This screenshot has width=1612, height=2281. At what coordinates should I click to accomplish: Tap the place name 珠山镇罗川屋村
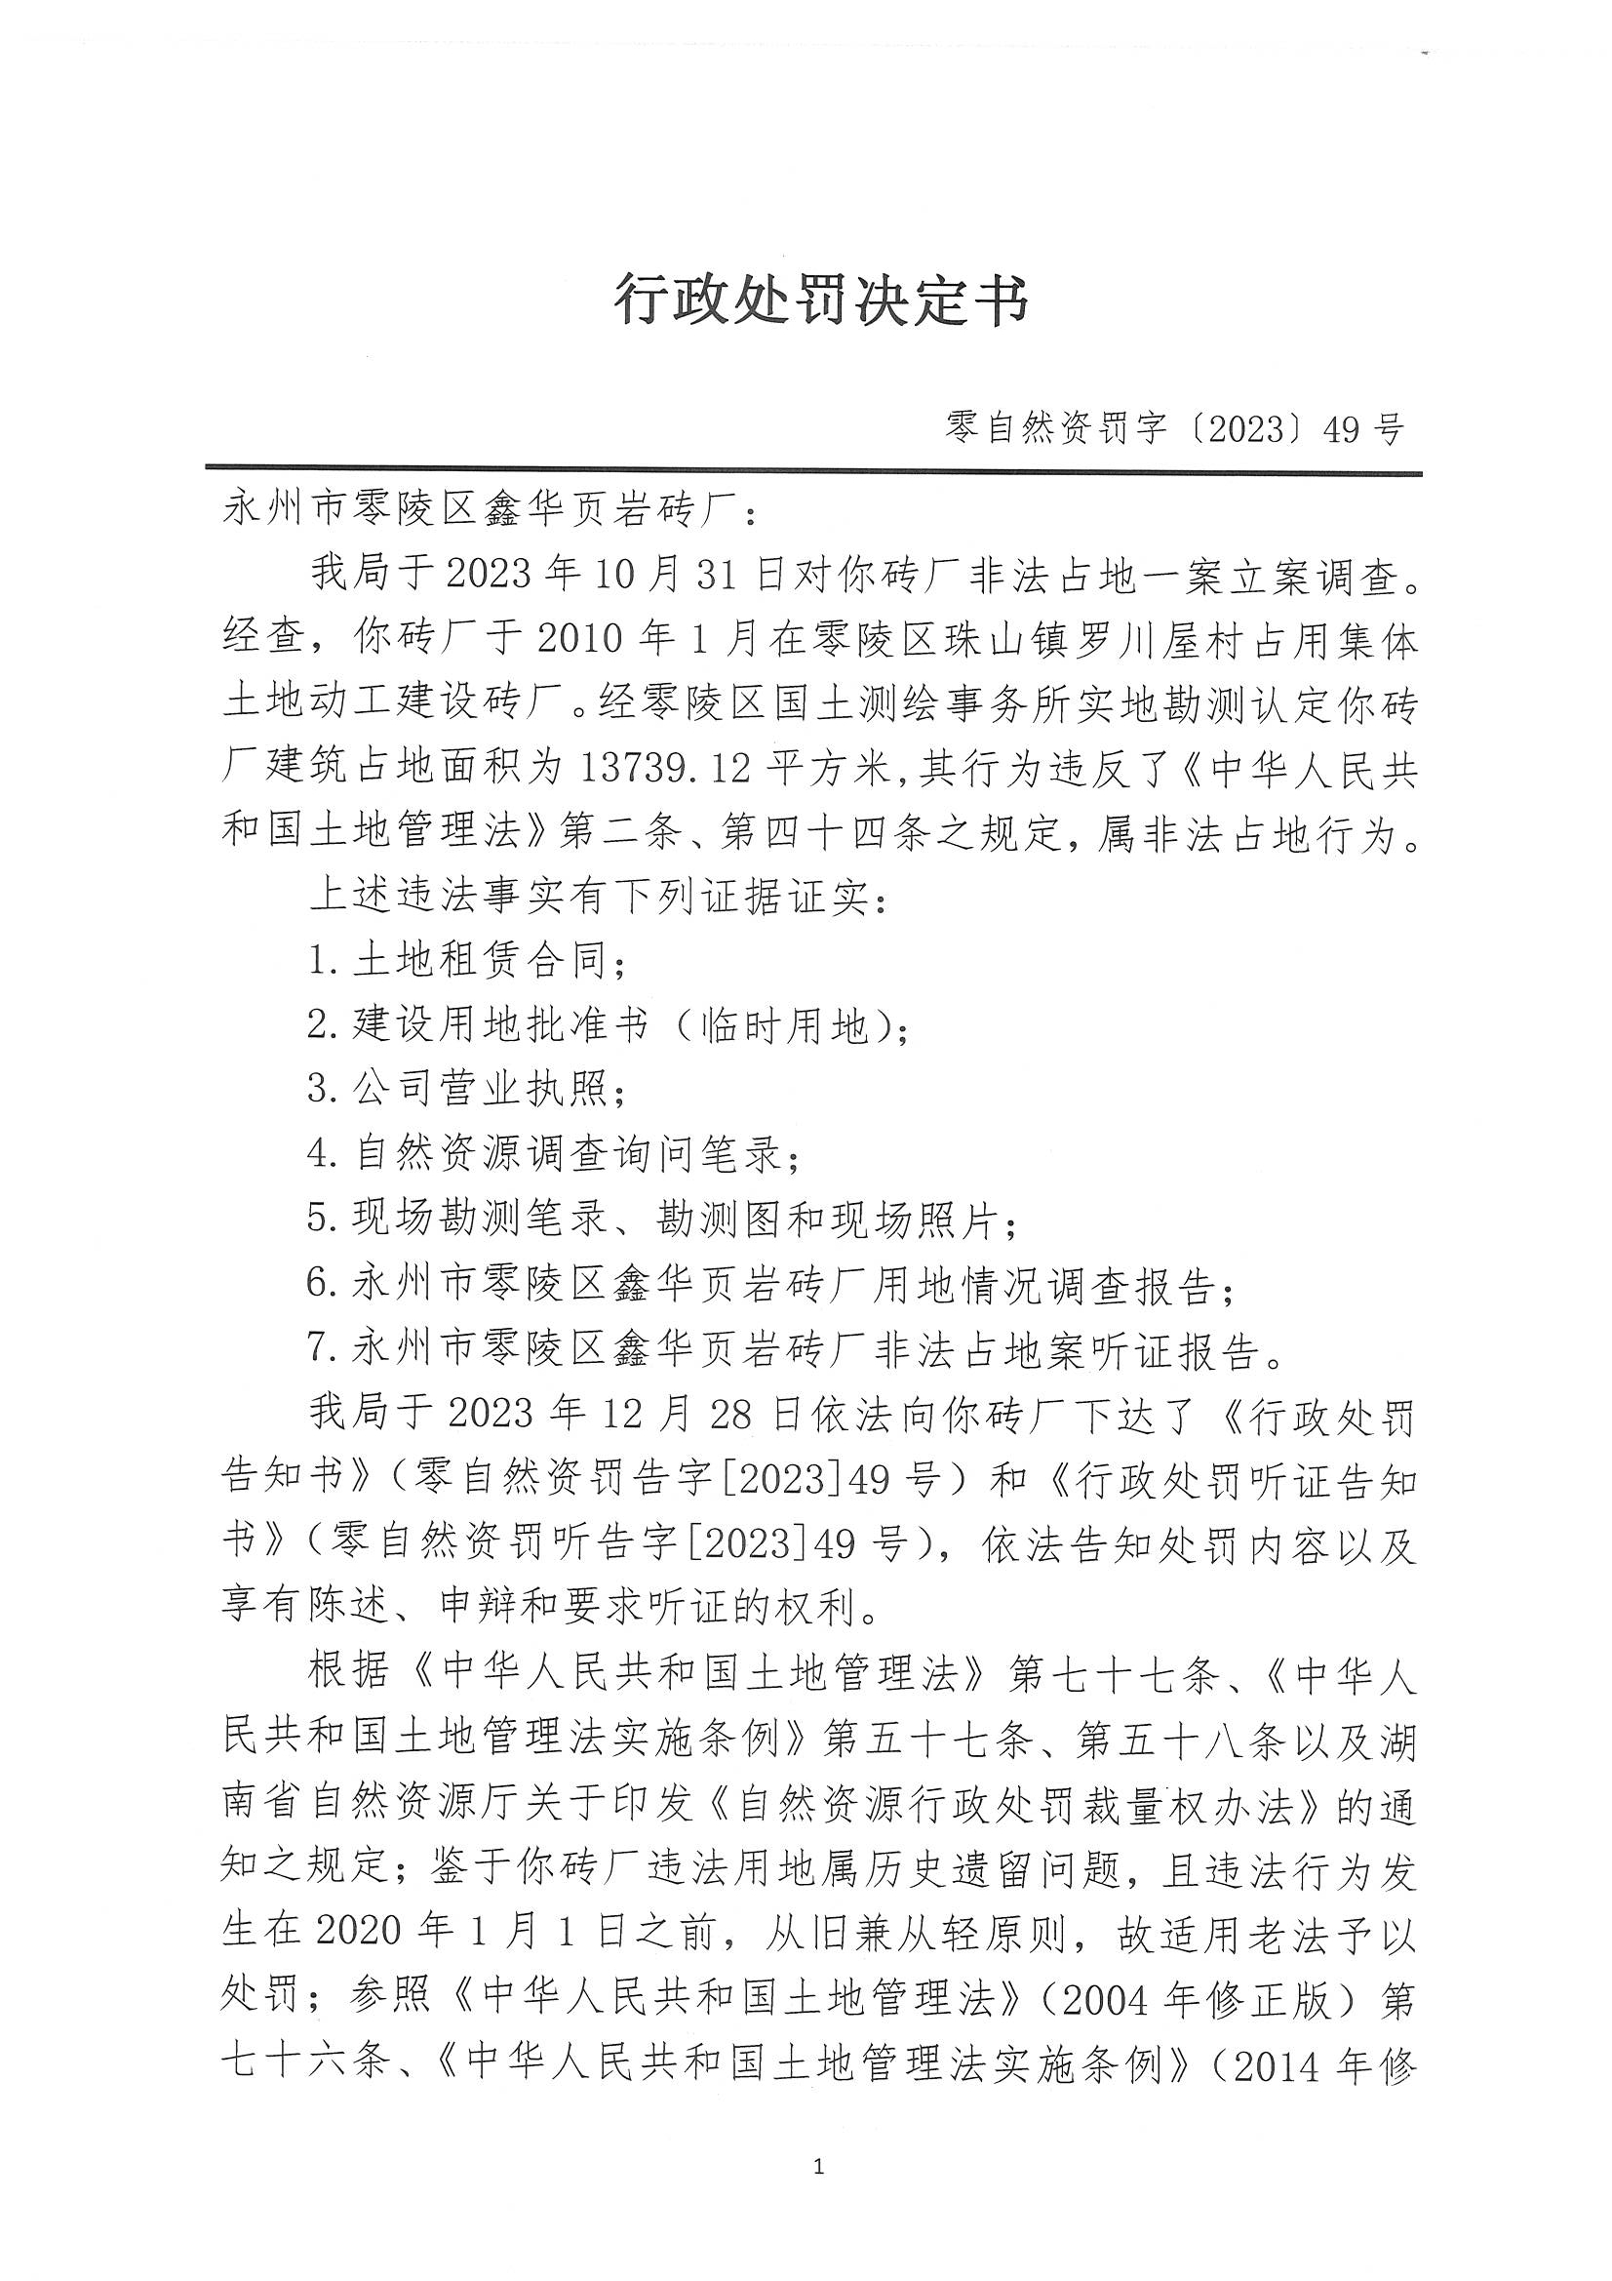click(x=1033, y=641)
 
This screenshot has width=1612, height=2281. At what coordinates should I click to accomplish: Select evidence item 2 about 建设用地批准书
click(x=608, y=1025)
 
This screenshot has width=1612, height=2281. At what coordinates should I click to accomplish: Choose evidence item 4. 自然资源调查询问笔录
click(x=553, y=1153)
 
